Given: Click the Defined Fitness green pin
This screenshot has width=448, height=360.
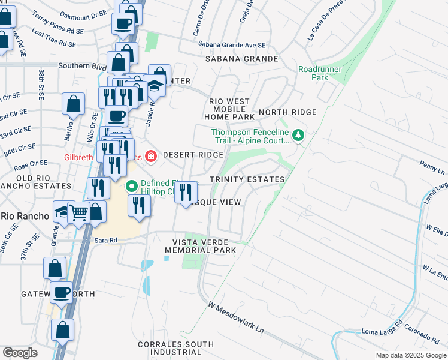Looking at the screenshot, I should pyautogui.click(x=132, y=187).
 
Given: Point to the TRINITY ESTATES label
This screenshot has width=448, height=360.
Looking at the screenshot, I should pyautogui.click(x=247, y=180).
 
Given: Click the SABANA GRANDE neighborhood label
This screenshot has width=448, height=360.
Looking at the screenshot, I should pyautogui.click(x=241, y=59).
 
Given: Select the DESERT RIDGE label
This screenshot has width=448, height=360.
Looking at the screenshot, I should pyautogui.click(x=193, y=155).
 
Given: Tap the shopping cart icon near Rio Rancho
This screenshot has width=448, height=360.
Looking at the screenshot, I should pyautogui.click(x=79, y=212).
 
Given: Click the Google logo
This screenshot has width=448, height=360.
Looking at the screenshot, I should pyautogui.click(x=20, y=353).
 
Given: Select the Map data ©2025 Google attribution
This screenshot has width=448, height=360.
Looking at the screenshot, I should pyautogui.click(x=410, y=355).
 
